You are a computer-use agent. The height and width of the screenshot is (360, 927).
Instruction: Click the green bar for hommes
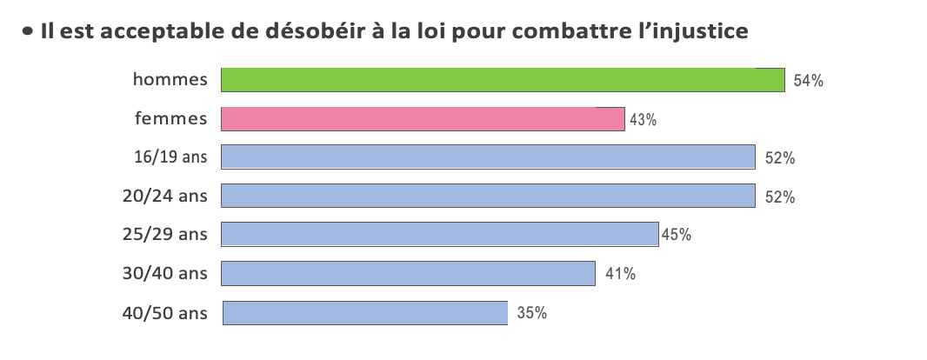coord(503,80)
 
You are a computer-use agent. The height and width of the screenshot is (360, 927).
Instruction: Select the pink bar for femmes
coord(423,119)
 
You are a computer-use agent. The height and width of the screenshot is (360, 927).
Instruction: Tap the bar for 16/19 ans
coord(488,157)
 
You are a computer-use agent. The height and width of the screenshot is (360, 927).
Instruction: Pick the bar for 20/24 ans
coord(488,196)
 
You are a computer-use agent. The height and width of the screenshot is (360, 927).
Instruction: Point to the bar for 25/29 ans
coord(439,235)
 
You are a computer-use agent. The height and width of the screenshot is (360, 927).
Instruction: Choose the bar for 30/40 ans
coord(408,274)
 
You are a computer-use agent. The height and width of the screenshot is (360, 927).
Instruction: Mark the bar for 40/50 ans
coord(364,313)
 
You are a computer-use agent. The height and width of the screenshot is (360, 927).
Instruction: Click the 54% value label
coord(808,82)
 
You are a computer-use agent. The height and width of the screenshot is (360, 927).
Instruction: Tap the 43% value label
coord(643,120)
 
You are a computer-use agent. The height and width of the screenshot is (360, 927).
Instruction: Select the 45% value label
coord(677,235)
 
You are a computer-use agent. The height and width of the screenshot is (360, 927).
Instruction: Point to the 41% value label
coord(620,274)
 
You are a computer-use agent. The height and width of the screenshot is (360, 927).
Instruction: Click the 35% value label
coord(531,313)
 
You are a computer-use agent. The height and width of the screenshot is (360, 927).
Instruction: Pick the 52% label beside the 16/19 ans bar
coord(780,158)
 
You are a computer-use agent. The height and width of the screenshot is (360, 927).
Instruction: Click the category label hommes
coord(170,80)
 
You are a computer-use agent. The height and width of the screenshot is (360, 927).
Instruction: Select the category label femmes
coord(171,118)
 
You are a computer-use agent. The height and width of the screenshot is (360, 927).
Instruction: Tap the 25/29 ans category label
coord(165,235)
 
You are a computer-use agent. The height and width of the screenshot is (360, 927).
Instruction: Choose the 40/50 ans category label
coord(165,313)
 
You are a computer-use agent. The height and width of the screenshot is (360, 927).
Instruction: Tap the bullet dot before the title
coord(28,32)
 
